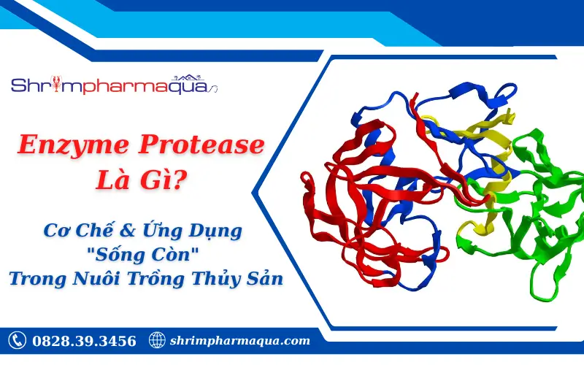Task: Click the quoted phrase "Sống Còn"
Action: point(142,255)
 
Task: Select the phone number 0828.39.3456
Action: point(83,341)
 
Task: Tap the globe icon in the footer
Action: point(156,340)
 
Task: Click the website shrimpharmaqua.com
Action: point(239,341)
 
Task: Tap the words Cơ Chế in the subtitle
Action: point(74,232)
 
